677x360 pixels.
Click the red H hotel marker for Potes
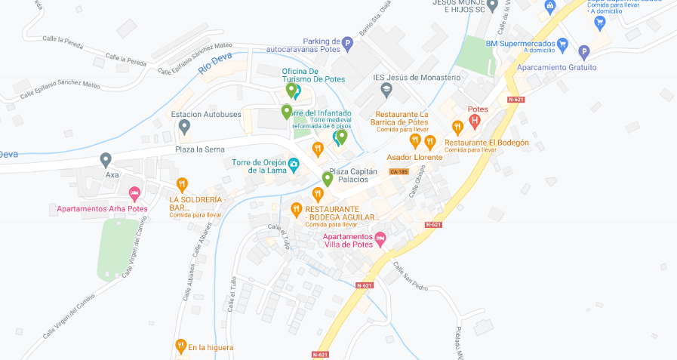[475, 120]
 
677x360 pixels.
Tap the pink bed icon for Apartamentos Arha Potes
[134, 194]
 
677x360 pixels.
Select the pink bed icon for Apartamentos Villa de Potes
[380, 238]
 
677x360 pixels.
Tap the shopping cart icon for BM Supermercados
[563, 44]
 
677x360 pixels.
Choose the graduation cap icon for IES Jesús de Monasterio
[386, 91]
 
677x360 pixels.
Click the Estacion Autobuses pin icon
[184, 127]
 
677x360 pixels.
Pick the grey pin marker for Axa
[106, 160]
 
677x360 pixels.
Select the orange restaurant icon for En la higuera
[180, 346]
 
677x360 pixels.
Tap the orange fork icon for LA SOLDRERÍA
[182, 184]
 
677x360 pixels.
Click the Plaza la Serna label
[201, 149]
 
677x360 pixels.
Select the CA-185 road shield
[399, 171]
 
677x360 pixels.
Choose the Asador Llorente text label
[414, 157]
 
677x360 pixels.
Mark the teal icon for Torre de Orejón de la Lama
[294, 165]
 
